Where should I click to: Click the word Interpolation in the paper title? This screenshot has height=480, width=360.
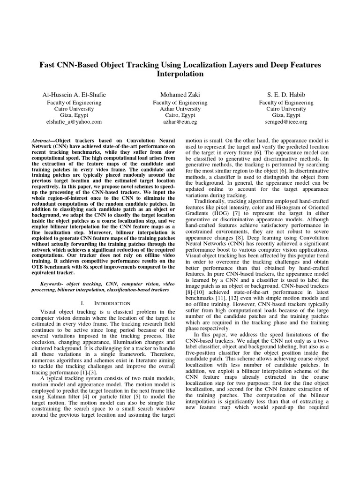180,74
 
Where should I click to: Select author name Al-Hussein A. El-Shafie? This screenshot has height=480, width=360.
75,94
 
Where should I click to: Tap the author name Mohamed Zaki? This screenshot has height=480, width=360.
180,94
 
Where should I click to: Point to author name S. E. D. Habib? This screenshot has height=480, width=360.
286,94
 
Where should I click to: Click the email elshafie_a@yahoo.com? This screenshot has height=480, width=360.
75,121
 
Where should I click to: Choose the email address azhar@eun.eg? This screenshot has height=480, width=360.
180,121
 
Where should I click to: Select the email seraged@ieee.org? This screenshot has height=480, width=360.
286,121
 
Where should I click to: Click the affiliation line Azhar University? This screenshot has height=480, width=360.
180,109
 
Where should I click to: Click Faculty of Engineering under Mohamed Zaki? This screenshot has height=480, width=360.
180,102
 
